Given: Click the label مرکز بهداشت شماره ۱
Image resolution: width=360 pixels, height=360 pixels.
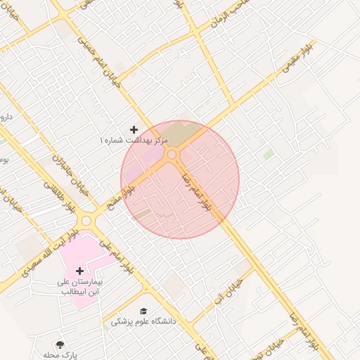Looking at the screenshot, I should (134, 141).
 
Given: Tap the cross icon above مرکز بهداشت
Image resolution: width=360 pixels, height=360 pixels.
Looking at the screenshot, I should (134, 130).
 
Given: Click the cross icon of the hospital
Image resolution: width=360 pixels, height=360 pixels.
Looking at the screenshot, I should (79, 271).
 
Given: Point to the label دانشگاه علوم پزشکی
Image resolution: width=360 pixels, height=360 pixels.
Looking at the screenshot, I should (144, 321).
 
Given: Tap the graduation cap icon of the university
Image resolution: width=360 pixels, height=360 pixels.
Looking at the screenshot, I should (144, 311).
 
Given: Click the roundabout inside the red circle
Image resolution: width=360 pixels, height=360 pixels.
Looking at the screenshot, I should (172, 154).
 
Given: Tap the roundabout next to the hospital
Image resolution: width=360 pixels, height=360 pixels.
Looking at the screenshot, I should (86, 221).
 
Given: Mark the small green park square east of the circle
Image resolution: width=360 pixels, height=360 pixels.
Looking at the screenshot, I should (268, 153).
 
